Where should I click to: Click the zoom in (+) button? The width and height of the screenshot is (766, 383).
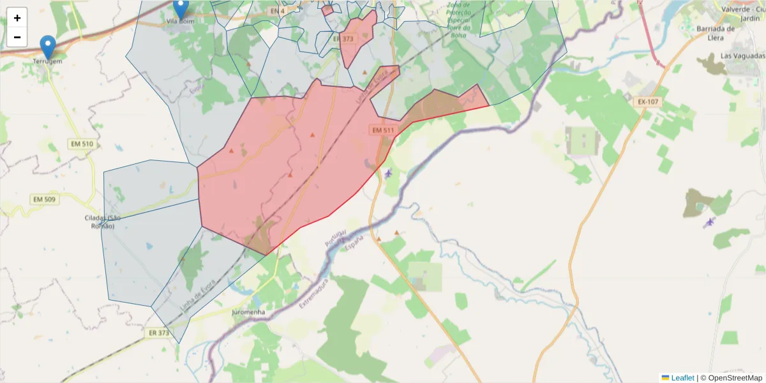[x=17, y=18]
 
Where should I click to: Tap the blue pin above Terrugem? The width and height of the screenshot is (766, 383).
[x=48, y=47]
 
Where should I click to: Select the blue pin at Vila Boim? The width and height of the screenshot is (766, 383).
[x=181, y=8]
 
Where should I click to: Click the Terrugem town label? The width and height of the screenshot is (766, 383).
[x=48, y=61]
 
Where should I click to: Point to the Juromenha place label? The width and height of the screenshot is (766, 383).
[x=250, y=313]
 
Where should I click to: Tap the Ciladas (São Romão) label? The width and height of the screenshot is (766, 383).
[x=103, y=222]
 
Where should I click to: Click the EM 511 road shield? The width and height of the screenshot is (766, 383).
[x=384, y=130]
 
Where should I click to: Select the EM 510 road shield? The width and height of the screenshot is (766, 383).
[x=80, y=144]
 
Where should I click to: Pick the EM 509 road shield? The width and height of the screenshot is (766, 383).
[x=45, y=200]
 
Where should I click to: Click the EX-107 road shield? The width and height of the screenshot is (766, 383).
[x=649, y=102]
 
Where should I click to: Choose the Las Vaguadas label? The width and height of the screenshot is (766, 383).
[x=740, y=56]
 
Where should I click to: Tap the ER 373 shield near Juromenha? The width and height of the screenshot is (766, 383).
[x=159, y=333]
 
